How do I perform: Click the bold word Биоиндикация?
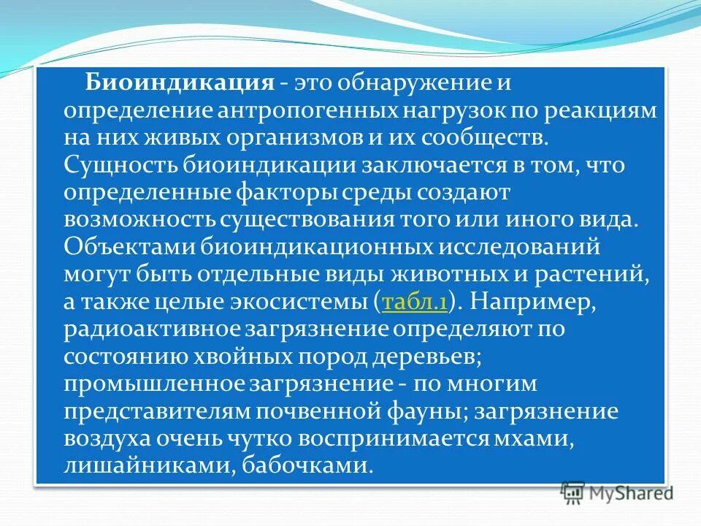179,83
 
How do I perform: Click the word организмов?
287,137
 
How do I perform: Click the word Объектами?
123,247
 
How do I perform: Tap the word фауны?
424,411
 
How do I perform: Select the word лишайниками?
146,466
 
